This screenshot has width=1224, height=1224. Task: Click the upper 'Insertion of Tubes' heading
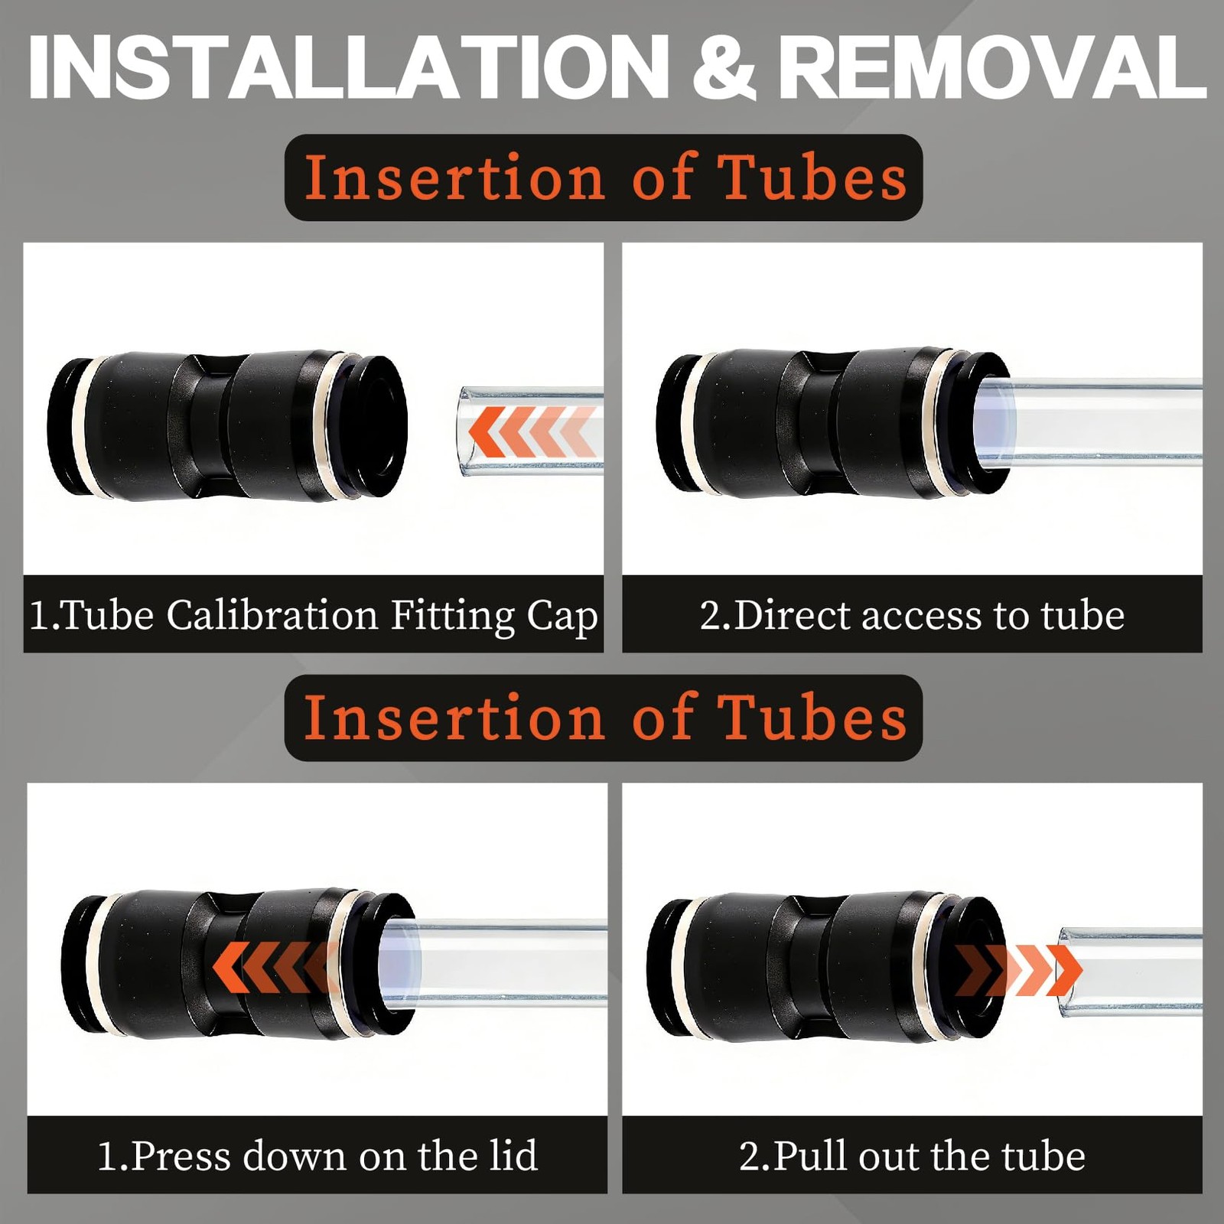(604, 177)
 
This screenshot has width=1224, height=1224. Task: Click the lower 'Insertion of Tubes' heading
(604, 718)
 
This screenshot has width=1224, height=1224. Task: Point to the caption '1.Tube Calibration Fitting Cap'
(314, 615)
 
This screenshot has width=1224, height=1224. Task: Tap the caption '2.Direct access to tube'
(912, 615)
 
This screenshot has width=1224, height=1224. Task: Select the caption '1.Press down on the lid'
(317, 1155)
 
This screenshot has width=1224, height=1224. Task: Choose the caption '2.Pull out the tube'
(912, 1155)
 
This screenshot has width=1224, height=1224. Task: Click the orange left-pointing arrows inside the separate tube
(532, 431)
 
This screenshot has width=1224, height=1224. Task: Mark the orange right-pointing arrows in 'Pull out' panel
(1018, 971)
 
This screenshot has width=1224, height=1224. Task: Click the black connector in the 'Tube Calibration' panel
(227, 426)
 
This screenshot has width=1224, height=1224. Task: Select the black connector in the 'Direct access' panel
(834, 423)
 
